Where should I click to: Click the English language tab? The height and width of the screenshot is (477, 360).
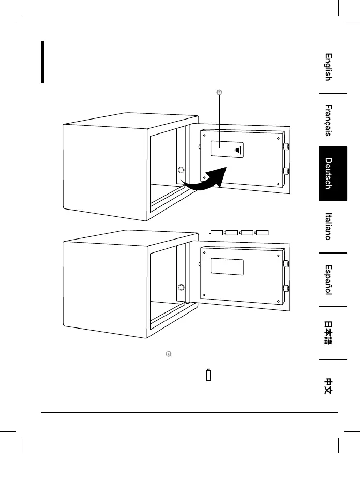point(328,67)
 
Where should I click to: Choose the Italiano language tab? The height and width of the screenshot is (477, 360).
point(328,226)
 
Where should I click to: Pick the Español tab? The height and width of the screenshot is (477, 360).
point(328,280)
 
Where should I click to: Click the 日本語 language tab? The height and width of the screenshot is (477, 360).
point(328,333)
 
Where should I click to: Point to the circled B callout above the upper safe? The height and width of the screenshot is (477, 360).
point(218,93)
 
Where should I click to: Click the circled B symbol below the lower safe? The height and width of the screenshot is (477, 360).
point(168,354)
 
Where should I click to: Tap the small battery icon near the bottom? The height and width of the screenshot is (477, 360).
point(208,375)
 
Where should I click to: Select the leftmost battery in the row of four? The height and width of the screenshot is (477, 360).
point(216,232)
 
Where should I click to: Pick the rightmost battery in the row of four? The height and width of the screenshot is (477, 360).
point(263,232)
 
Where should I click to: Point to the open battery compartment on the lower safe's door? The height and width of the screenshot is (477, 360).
point(227,265)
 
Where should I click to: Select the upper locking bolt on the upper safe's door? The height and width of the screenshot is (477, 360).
point(286,147)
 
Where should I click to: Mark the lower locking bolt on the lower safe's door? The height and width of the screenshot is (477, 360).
point(286,288)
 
